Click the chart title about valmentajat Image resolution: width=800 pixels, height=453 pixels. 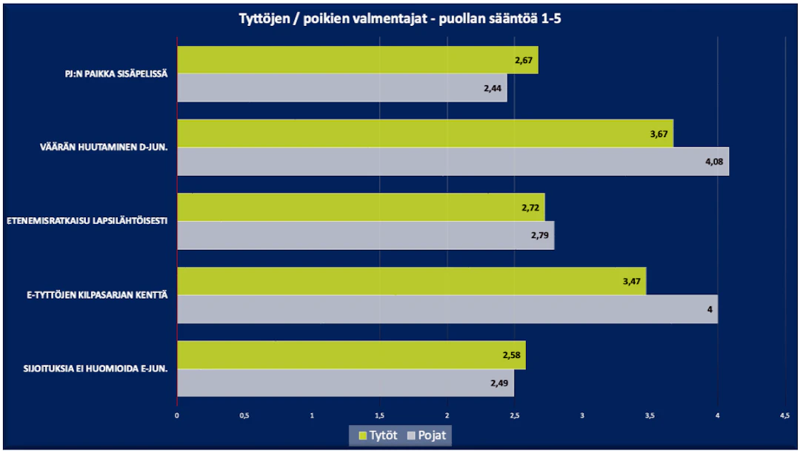point(399,19)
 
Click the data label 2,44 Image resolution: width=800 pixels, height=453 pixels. point(493,88)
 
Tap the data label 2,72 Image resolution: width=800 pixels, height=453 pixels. point(531,208)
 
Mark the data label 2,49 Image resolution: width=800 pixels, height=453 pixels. point(500,383)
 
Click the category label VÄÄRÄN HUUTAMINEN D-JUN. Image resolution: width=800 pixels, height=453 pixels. point(104,148)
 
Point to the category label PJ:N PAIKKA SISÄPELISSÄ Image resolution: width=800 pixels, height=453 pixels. point(116,74)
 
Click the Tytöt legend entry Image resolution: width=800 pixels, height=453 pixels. point(377,435)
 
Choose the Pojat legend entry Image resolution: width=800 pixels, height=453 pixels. point(427,435)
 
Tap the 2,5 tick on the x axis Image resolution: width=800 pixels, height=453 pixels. point(515,416)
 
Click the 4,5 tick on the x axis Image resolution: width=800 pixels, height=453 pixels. point(784,416)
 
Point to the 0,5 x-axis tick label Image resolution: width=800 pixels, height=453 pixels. point(244,416)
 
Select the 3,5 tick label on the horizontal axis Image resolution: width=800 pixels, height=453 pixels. point(650,416)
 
